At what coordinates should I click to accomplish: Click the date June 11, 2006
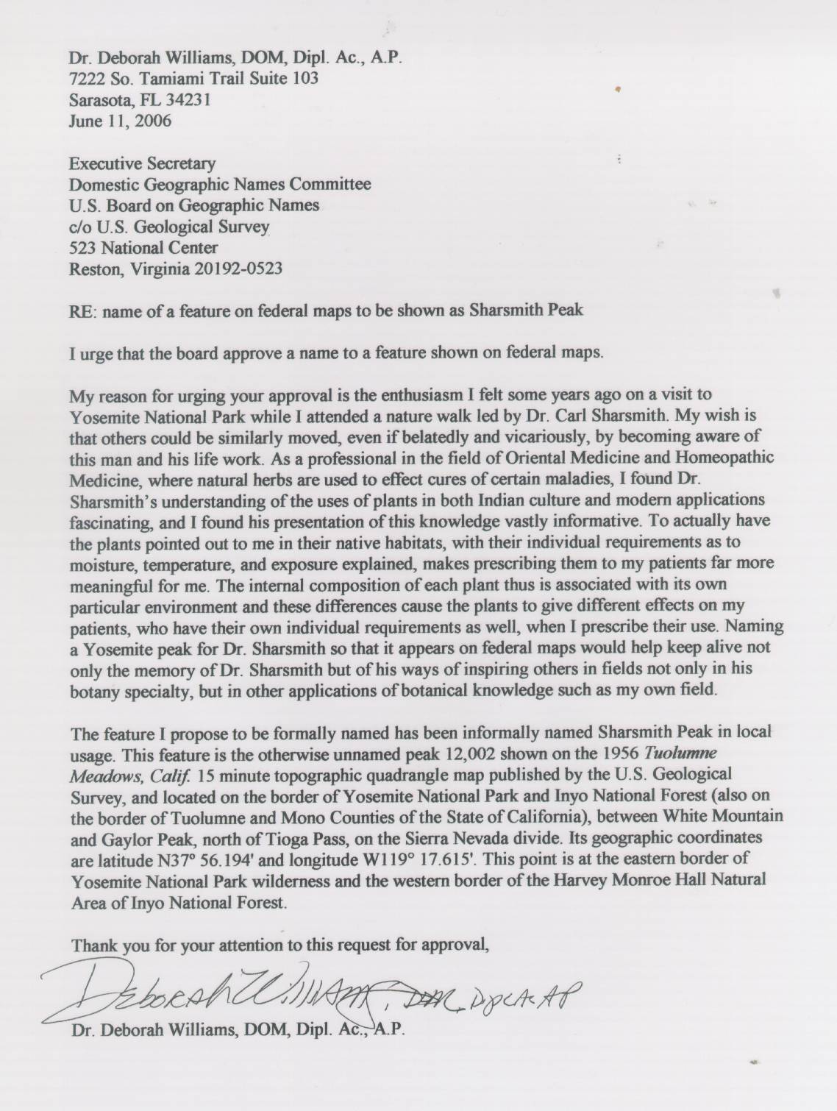[120, 121]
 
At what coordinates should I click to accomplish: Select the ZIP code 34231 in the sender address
[190, 99]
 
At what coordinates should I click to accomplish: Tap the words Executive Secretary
[142, 163]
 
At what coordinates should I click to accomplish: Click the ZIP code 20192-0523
[238, 269]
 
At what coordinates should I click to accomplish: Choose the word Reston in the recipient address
[96, 269]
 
